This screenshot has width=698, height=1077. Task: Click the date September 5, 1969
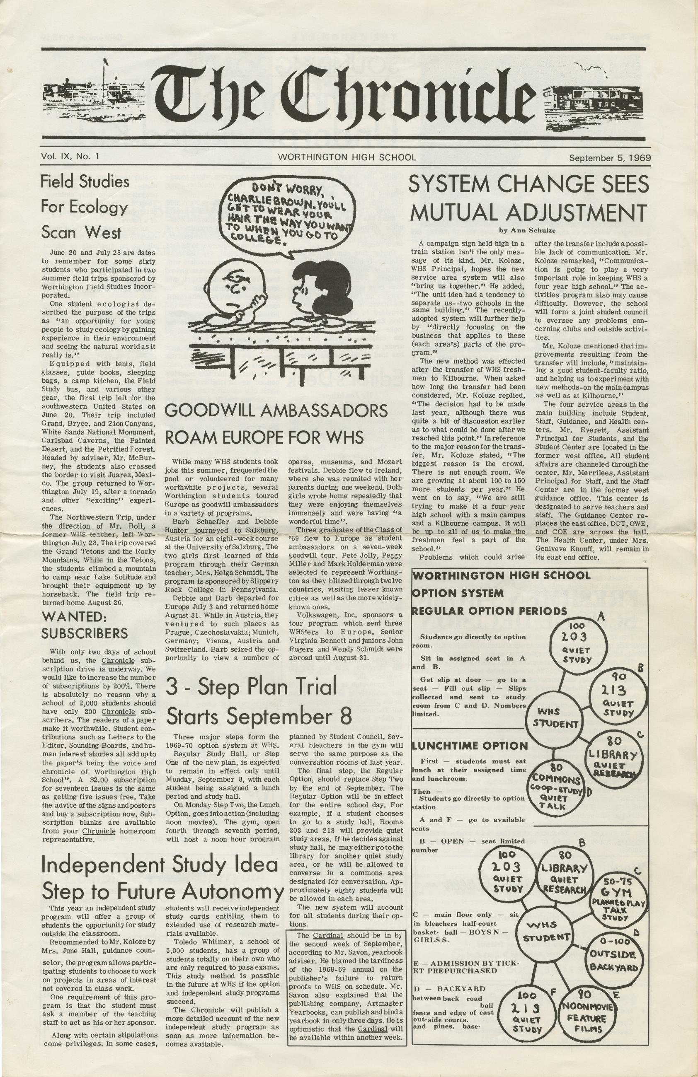609,158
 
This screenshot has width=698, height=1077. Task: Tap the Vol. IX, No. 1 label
70,157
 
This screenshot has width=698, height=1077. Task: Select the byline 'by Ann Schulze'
528,230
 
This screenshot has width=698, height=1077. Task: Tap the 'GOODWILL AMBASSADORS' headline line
276,411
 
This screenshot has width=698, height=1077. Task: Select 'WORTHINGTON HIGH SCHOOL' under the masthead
347,157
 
